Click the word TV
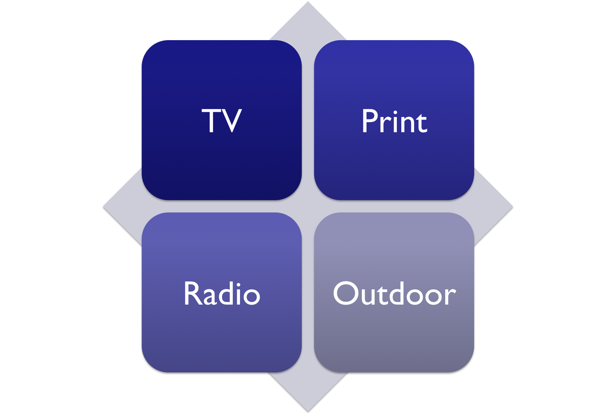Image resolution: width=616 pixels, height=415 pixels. pyautogui.click(x=222, y=120)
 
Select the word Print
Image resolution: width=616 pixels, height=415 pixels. pyautogui.click(x=394, y=121)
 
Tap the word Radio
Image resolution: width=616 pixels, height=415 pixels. pyautogui.click(x=222, y=294)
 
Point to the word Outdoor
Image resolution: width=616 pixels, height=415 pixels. pyautogui.click(x=394, y=294)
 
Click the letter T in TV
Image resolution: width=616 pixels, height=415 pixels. pyautogui.click(x=212, y=120)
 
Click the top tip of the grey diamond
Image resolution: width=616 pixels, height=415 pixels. pyautogui.click(x=308, y=3)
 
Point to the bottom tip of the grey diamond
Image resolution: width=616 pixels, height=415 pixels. pyautogui.click(x=308, y=410)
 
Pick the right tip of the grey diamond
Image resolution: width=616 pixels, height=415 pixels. pyautogui.click(x=511, y=206)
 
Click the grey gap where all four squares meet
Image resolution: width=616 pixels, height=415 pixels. pyautogui.click(x=308, y=206)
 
